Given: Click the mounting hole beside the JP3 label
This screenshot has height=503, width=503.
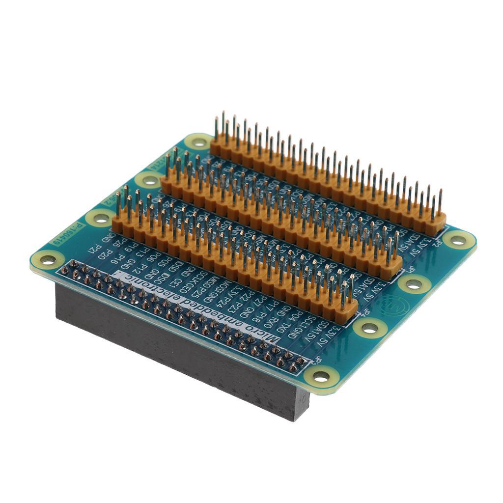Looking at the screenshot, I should tap(321, 376).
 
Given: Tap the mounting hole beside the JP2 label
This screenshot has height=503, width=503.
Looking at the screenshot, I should tap(458, 240).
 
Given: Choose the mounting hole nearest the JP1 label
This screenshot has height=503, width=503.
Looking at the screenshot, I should tap(414, 283).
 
